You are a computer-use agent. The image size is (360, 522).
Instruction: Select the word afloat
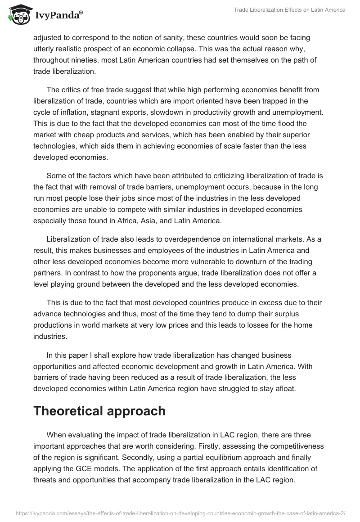point(282,388)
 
